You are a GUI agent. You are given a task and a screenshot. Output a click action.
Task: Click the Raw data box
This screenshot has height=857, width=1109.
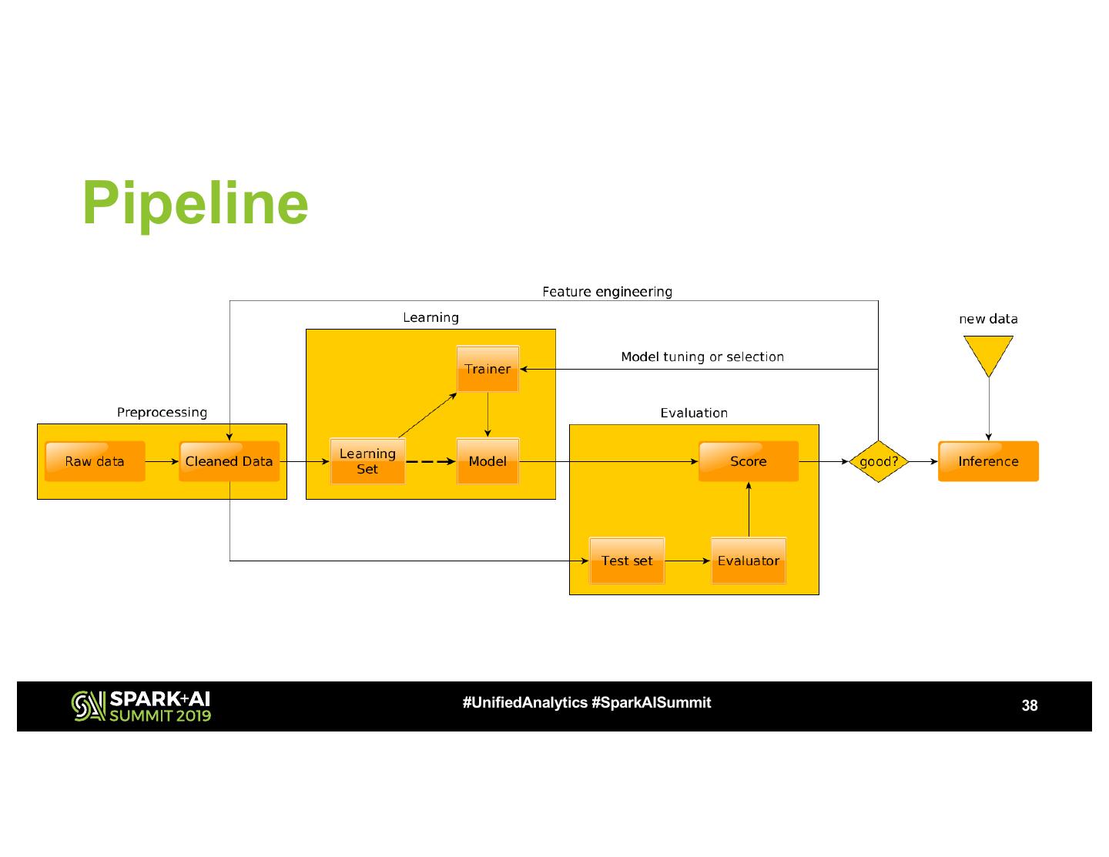click(x=95, y=461)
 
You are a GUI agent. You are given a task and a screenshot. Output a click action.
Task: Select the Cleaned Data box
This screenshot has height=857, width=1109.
click(x=230, y=461)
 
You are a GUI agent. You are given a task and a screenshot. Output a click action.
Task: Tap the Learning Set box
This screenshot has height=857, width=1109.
click(x=367, y=461)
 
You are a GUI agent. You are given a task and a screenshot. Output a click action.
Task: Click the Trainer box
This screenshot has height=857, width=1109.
click(x=488, y=369)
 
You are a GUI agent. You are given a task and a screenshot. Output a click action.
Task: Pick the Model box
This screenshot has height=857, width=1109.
click(x=488, y=461)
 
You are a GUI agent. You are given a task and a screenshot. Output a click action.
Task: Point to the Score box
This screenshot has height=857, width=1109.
click(x=749, y=461)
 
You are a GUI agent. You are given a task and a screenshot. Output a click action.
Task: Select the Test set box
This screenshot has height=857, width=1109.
click(x=627, y=561)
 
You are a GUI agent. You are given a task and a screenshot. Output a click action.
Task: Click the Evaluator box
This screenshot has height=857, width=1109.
click(x=749, y=561)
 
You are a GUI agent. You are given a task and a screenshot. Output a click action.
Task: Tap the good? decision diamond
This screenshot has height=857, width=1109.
click(x=878, y=461)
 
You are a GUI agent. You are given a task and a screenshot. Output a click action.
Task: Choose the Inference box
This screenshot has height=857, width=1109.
click(x=989, y=461)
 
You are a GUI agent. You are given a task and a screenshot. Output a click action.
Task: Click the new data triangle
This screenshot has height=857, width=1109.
click(x=989, y=352)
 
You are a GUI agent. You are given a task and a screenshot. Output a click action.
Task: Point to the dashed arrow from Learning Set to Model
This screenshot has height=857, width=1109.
click(x=431, y=462)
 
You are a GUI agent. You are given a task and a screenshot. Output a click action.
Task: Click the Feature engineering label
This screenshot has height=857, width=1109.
click(x=608, y=292)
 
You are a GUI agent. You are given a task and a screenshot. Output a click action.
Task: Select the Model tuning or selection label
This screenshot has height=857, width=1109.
click(x=702, y=357)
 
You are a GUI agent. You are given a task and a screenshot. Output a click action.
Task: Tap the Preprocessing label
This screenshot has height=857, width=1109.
click(x=162, y=412)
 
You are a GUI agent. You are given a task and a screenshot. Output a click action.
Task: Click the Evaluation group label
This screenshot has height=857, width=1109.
click(x=694, y=413)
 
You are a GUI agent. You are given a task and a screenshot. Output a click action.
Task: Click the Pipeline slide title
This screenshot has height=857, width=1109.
click(x=196, y=204)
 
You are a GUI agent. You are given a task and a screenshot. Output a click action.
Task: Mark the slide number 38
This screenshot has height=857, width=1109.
click(x=1030, y=705)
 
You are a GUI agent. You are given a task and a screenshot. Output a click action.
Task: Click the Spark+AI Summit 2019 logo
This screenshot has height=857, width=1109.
click(x=141, y=706)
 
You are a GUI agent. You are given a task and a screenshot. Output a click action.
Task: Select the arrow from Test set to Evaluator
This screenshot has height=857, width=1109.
click(x=688, y=561)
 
